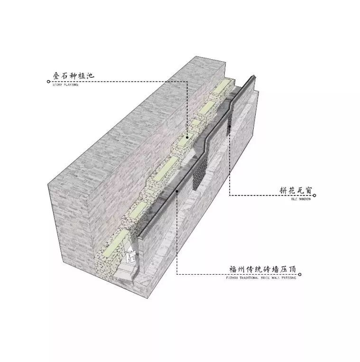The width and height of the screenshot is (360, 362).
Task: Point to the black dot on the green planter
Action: point(188,137)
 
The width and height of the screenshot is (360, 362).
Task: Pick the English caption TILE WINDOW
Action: point(301,200)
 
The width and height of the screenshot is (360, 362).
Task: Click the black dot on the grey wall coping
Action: point(177,191)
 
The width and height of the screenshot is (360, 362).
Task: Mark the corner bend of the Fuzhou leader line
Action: point(177,274)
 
